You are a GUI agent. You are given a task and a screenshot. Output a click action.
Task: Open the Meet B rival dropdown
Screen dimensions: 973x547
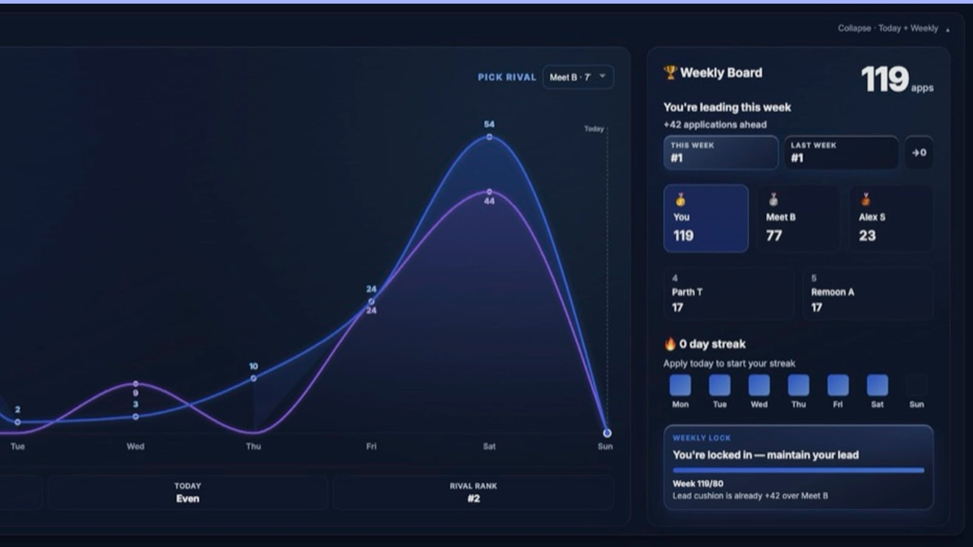(x=578, y=77)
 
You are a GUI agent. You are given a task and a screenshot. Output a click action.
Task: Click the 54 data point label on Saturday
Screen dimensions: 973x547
(x=489, y=124)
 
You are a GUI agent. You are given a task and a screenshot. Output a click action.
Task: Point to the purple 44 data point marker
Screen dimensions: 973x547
(x=490, y=192)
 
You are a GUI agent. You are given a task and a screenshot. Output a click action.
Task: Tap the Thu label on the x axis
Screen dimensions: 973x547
(x=254, y=446)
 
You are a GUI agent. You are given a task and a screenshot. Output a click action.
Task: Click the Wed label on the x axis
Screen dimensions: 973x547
(x=136, y=446)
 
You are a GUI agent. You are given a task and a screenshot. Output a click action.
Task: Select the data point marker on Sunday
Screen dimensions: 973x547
(x=608, y=433)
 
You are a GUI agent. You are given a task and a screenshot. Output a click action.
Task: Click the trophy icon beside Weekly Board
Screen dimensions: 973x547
(x=670, y=72)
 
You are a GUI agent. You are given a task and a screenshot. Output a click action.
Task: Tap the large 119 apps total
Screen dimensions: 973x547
(x=897, y=80)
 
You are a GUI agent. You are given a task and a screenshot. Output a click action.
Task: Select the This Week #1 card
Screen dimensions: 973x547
(x=721, y=153)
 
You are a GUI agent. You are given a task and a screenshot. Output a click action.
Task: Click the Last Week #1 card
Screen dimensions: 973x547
(x=842, y=153)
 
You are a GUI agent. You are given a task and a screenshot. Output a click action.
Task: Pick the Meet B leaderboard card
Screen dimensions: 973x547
(x=798, y=218)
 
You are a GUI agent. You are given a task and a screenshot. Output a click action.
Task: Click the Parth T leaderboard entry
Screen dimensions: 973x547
(x=729, y=294)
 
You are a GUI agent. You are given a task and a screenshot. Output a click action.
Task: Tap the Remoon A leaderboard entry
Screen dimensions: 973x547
(x=868, y=294)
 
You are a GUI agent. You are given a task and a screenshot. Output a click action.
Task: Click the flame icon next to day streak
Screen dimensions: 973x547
(x=670, y=344)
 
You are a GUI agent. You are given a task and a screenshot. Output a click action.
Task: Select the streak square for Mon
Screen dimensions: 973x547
(x=680, y=385)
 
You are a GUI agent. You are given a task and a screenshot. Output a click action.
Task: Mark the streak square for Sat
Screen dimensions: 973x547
(x=878, y=385)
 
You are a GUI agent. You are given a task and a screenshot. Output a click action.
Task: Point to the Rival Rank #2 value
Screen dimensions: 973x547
(x=474, y=498)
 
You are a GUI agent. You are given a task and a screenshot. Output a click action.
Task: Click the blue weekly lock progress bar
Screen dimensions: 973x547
(x=798, y=470)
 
